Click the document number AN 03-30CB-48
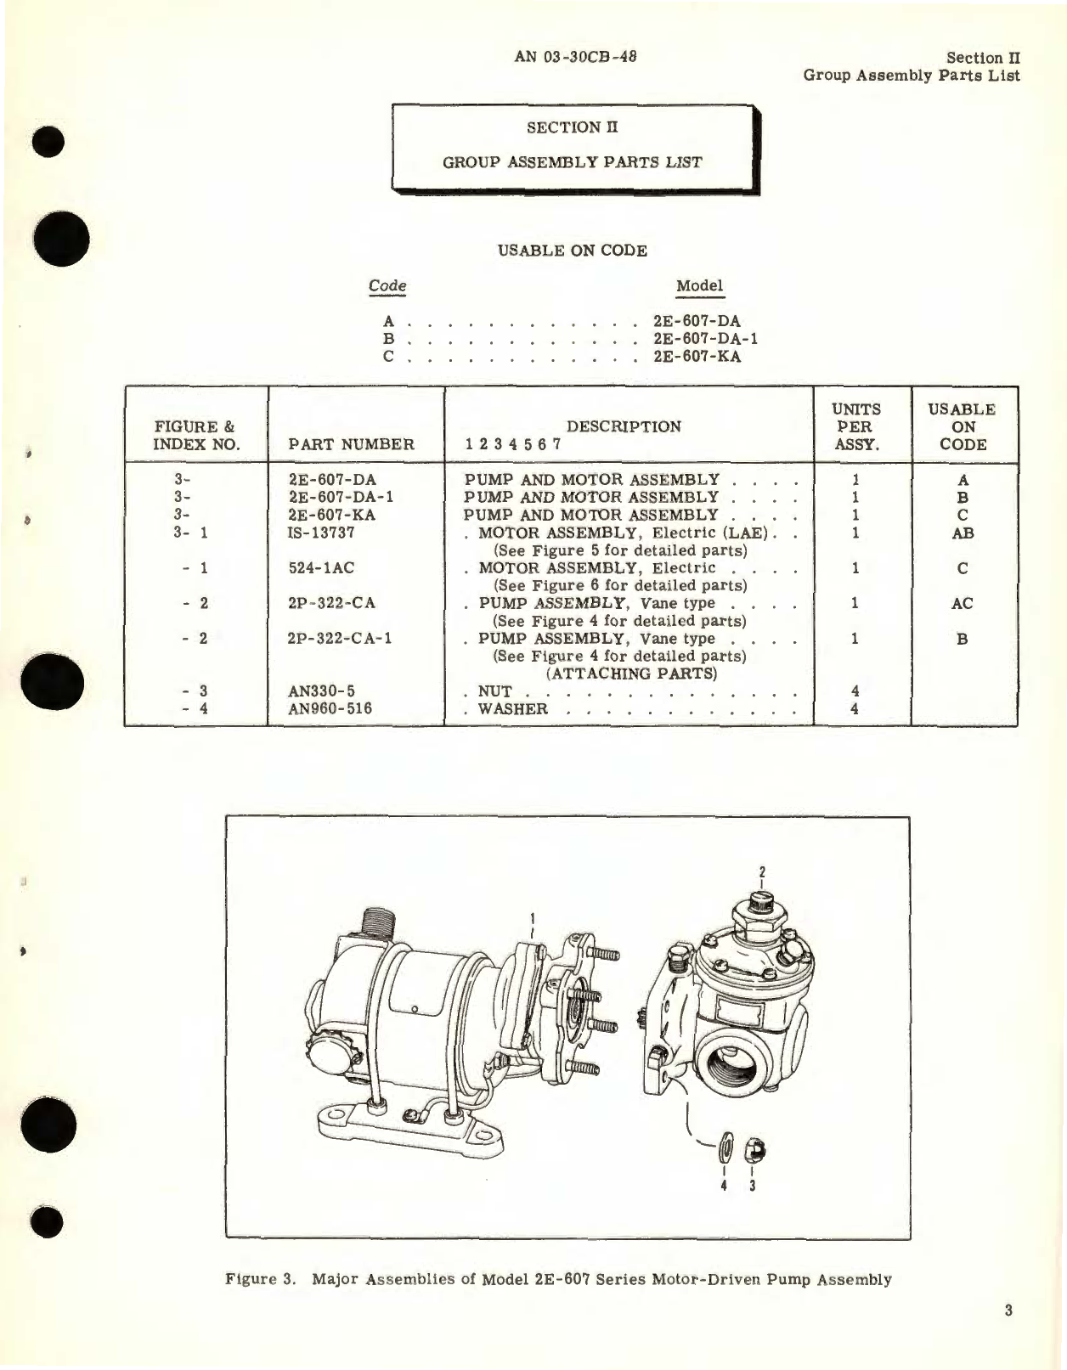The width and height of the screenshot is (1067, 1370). (575, 57)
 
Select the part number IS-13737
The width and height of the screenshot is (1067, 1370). (321, 533)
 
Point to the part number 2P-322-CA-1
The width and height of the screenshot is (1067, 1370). (340, 639)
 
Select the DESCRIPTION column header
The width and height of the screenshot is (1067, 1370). (624, 426)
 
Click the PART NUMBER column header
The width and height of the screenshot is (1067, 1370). (352, 444)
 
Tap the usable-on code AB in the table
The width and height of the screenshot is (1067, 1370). (963, 533)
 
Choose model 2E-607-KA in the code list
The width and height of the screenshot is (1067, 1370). (697, 356)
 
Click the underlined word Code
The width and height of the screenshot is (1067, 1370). (387, 286)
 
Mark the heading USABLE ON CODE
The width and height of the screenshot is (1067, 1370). (572, 251)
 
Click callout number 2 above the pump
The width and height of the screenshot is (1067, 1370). (762, 872)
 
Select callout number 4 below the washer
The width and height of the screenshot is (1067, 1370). (724, 1185)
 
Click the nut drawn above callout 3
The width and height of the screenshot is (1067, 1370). (754, 1151)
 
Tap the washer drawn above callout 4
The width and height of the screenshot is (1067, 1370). (725, 1151)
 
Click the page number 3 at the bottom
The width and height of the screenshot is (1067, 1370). (1008, 1311)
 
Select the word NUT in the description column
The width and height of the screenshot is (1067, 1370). (494, 691)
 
